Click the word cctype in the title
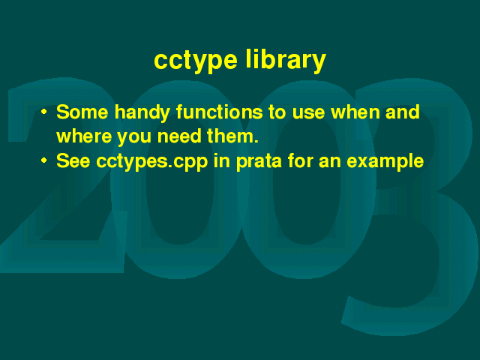[196, 61]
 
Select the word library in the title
[286, 60]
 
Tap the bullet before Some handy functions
[44, 112]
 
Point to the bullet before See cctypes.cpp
[44, 160]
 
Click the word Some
[82, 112]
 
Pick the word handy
[142, 113]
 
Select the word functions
[219, 112]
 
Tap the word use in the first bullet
[308, 113]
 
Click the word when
[355, 112]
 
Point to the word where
[84, 136]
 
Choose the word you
[134, 138]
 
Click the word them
[232, 136]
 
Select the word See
[73, 160]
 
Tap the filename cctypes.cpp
[152, 162]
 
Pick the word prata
[259, 162]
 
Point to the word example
[385, 162]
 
